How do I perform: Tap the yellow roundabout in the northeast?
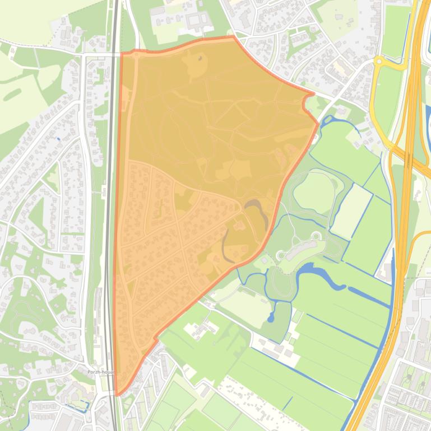coord(379,61)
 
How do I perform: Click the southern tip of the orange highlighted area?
coord(117,393)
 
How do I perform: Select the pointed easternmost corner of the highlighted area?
coord(318,124)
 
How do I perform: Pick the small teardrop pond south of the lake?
coord(272,317)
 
